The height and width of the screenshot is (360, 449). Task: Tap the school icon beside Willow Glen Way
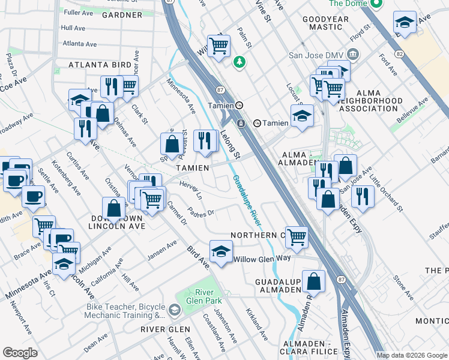(221, 251)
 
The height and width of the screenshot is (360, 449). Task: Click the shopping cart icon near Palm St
(219, 46)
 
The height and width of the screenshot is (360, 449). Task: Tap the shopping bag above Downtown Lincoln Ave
(114, 209)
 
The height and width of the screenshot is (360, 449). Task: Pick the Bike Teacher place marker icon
(175, 310)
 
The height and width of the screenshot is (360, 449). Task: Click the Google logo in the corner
(20, 353)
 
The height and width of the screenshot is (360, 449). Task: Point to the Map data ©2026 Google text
(412, 355)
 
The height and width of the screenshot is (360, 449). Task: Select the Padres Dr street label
(200, 212)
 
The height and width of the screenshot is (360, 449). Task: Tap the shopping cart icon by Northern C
(297, 237)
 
